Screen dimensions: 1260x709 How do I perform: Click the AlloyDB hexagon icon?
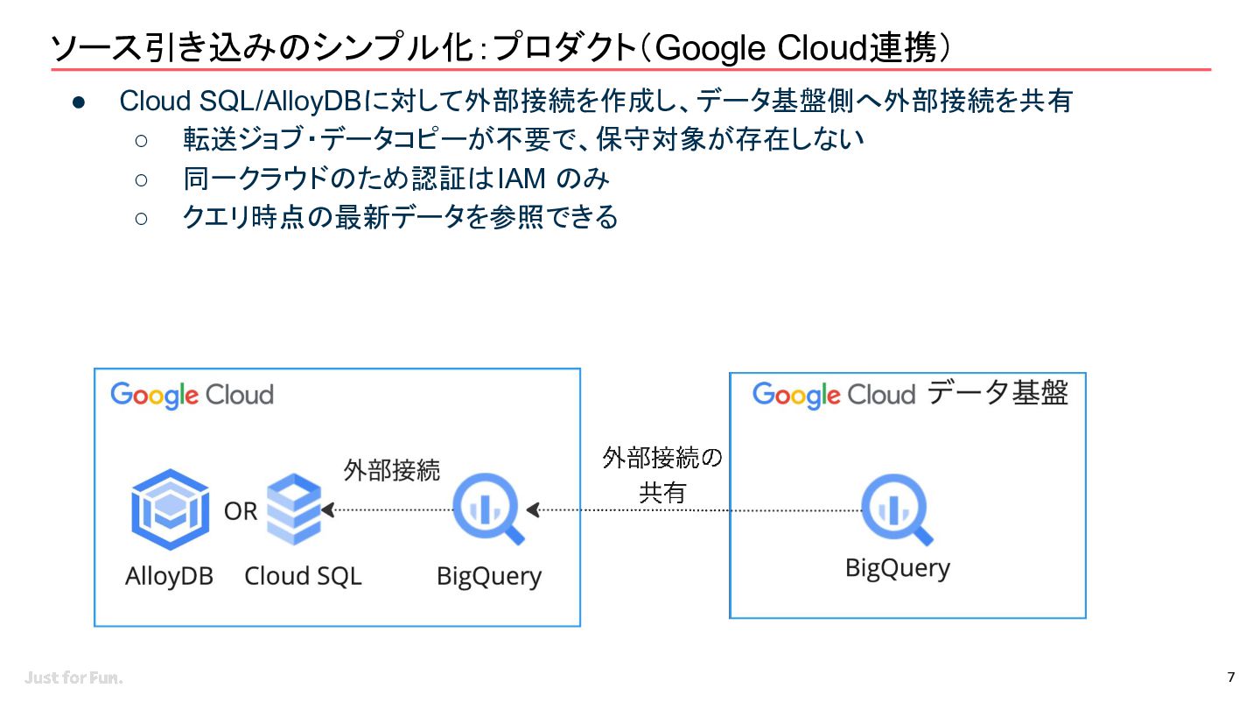tap(171, 509)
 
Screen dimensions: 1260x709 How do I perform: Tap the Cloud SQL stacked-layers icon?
tap(294, 509)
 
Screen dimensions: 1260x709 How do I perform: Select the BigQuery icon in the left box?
tap(489, 509)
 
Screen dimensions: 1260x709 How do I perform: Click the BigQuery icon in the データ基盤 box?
tap(897, 509)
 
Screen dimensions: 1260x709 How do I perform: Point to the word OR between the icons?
tap(240, 511)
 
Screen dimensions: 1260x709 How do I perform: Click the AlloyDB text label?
tap(170, 576)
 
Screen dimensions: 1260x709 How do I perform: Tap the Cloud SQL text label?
tap(303, 576)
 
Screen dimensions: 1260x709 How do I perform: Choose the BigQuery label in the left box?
tap(489, 577)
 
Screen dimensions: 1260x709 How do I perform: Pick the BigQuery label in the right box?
tap(898, 568)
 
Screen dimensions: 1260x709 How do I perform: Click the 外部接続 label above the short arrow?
tap(391, 470)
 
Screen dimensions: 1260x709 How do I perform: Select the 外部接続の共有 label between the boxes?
tap(662, 475)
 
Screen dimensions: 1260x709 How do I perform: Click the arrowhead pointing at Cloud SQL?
tap(328, 509)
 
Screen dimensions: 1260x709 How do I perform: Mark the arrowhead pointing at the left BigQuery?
tap(533, 509)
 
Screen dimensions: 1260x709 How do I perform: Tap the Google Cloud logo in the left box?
tap(192, 395)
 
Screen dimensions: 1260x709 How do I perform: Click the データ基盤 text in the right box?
tap(997, 392)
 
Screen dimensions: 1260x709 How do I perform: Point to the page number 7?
tap(1231, 677)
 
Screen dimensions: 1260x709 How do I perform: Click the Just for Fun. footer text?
tap(73, 677)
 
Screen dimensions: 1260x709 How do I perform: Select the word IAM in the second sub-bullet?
tap(522, 179)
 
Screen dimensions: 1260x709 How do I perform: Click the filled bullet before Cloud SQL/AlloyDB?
tap(79, 102)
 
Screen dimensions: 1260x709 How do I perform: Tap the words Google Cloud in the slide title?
tap(761, 47)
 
